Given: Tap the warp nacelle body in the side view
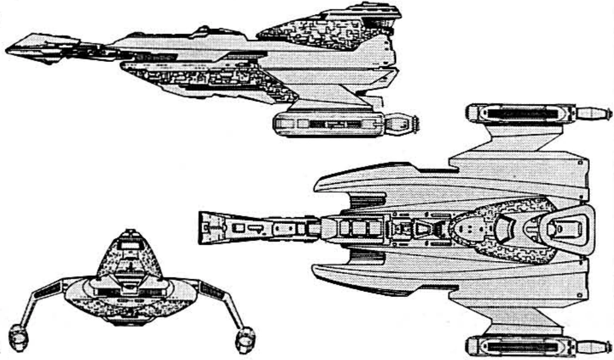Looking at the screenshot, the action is coord(330,124).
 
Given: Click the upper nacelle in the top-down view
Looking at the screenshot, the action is coord(519,112).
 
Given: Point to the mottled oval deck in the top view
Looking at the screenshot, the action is coord(501,227).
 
